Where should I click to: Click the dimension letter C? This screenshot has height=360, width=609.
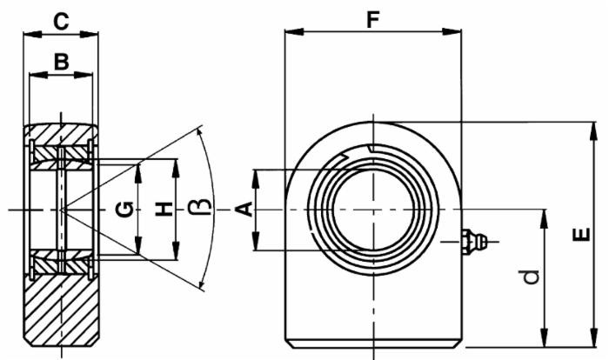point(61,18)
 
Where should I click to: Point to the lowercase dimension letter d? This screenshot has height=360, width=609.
point(529,277)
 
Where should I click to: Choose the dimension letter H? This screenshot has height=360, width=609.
point(161,209)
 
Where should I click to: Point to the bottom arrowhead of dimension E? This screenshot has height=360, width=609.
point(595,342)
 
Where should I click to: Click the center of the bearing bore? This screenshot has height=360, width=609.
point(372,210)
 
